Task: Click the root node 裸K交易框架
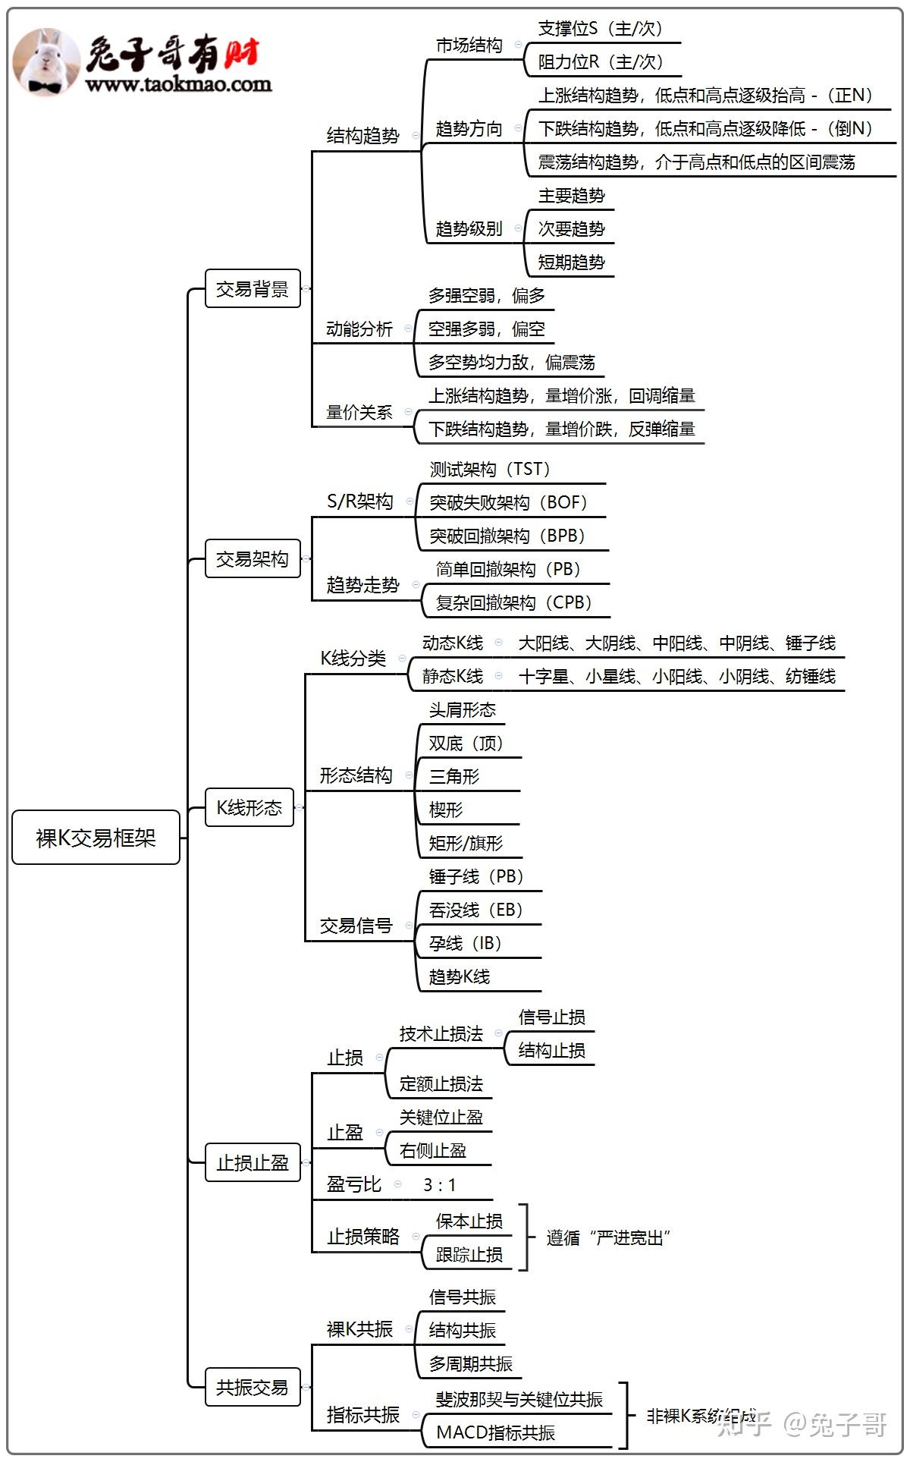[x=96, y=838]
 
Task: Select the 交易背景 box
[x=253, y=289]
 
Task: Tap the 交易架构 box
[x=253, y=559]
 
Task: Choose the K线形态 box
[x=249, y=807]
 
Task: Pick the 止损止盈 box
[x=253, y=1162]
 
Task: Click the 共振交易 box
[x=253, y=1388]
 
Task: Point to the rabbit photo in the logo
[x=46, y=62]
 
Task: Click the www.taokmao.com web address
[x=179, y=84]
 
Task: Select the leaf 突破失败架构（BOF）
[x=508, y=502]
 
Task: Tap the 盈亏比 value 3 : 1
[x=440, y=1185]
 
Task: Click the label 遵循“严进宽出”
[x=607, y=1238]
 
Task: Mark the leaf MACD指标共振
[x=496, y=1432]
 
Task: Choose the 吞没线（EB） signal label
[x=476, y=910]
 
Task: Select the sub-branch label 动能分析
[x=359, y=329]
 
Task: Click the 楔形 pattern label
[x=446, y=810]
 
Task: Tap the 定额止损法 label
[x=441, y=1083]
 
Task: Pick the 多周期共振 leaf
[x=471, y=1363]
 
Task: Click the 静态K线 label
[x=453, y=676]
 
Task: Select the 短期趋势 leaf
[x=572, y=263]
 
